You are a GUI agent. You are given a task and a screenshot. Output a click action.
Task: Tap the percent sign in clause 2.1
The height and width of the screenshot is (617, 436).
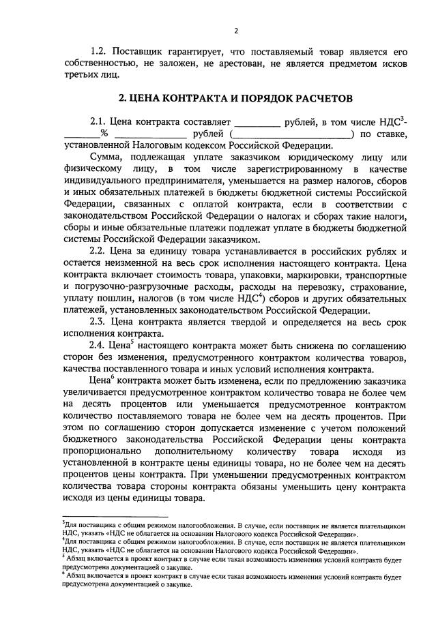(104, 134)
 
